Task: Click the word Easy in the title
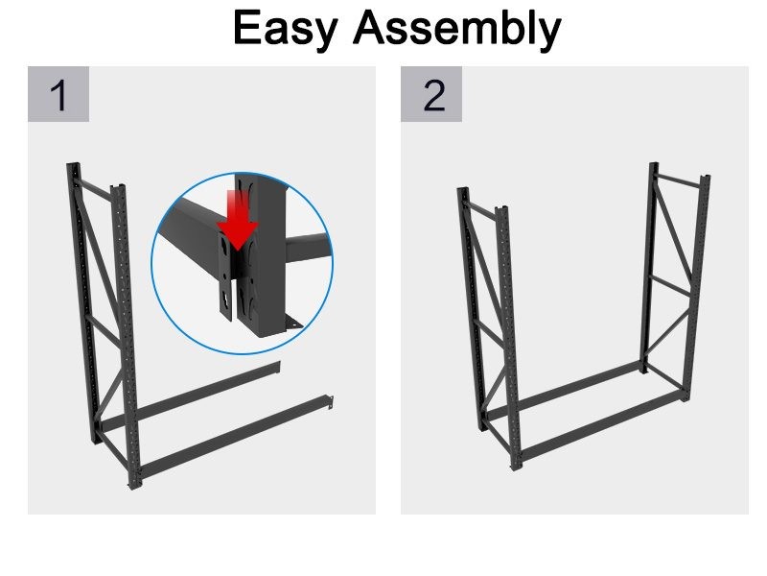286,29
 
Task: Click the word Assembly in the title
455,29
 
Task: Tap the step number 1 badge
58,95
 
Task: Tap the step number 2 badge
433,95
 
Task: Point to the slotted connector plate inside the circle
225,278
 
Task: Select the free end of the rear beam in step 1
276,366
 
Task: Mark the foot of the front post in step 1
132,486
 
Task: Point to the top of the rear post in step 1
71,166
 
